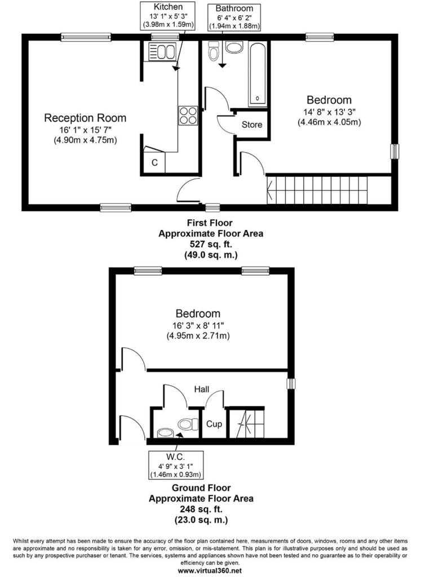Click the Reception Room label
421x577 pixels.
point(85,118)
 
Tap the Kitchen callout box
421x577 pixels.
point(168,16)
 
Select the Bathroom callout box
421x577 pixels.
point(234,17)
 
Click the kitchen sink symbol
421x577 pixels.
point(162,51)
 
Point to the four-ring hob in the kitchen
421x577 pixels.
point(188,116)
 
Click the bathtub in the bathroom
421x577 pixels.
point(258,74)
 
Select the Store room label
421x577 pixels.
point(252,125)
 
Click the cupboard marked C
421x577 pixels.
point(154,162)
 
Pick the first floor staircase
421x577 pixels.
point(317,190)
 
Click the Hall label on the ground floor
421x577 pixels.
point(202,389)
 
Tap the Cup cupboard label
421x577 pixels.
point(214,424)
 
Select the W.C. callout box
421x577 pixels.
point(175,465)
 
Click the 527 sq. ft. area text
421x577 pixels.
point(211,244)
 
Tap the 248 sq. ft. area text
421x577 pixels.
point(201,509)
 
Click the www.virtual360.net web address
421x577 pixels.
point(210,571)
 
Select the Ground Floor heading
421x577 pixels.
point(201,488)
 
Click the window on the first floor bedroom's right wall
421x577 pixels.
point(395,151)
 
